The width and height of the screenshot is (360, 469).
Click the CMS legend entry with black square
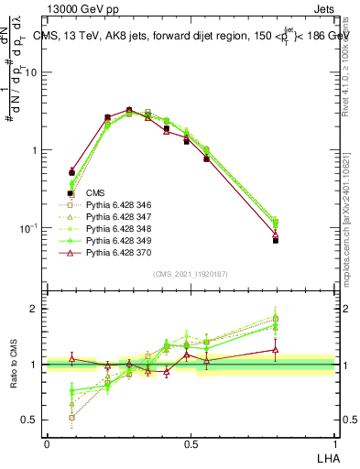click(96, 193)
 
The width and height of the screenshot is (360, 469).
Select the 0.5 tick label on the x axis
click(191, 443)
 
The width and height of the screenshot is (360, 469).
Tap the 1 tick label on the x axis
click(335, 443)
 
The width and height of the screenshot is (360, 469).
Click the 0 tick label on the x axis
click(47, 443)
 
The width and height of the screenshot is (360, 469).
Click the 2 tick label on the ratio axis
click(37, 309)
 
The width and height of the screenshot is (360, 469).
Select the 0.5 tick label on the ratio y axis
click(32, 420)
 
